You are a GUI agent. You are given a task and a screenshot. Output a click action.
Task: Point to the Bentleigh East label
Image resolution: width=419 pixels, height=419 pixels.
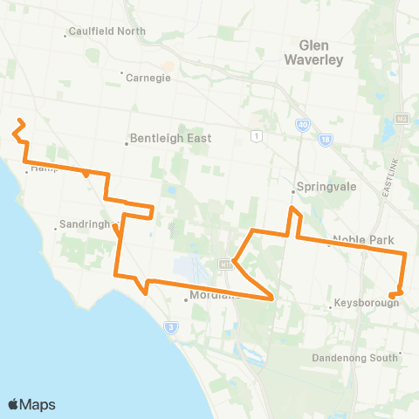pyautogui.click(x=170, y=138)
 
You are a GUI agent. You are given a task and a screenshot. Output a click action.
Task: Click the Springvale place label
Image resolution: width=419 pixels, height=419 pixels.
pyautogui.click(x=323, y=187)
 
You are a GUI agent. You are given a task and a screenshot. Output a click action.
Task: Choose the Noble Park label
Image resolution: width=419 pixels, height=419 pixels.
pyautogui.click(x=364, y=240)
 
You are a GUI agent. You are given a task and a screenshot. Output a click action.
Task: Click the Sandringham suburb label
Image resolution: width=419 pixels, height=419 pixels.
pyautogui.click(x=86, y=224)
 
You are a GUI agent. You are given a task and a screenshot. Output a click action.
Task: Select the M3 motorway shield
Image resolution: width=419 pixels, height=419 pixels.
pyautogui.click(x=401, y=118)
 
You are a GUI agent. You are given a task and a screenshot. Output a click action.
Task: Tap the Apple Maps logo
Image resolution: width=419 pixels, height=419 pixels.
pyautogui.click(x=31, y=404)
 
